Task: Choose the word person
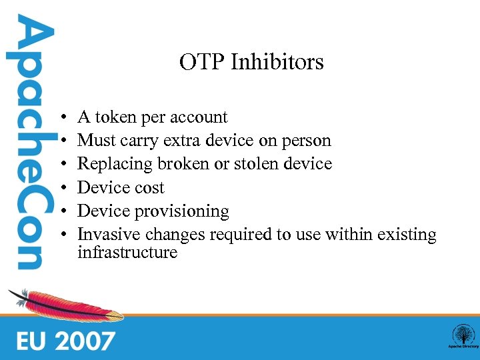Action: pyautogui.click(x=306, y=141)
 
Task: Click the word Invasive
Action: pyautogui.click(x=107, y=235)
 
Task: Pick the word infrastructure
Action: pyautogui.click(x=127, y=252)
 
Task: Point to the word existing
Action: pyautogui.click(x=407, y=235)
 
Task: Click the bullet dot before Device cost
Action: pyautogui.click(x=61, y=188)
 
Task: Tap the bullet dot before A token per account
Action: pyautogui.click(x=61, y=118)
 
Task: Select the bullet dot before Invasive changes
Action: pyautogui.click(x=61, y=235)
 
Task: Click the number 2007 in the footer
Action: pyautogui.click(x=85, y=341)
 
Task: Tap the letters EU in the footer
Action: pyautogui.click(x=31, y=341)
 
